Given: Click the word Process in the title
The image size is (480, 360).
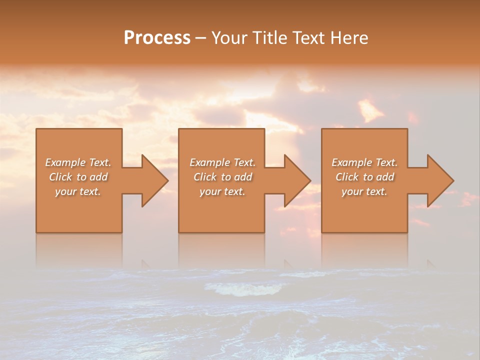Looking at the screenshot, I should [x=157, y=37].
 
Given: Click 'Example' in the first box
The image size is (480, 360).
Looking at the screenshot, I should [x=65, y=162].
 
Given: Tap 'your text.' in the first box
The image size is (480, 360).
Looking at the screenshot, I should [x=78, y=191].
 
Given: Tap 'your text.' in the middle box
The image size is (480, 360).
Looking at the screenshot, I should [x=222, y=191].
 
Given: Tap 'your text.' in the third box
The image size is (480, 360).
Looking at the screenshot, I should [x=364, y=191].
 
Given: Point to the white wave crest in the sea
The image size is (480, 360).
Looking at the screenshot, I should [x=235, y=289].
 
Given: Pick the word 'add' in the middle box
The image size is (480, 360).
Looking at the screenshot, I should [x=243, y=177].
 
